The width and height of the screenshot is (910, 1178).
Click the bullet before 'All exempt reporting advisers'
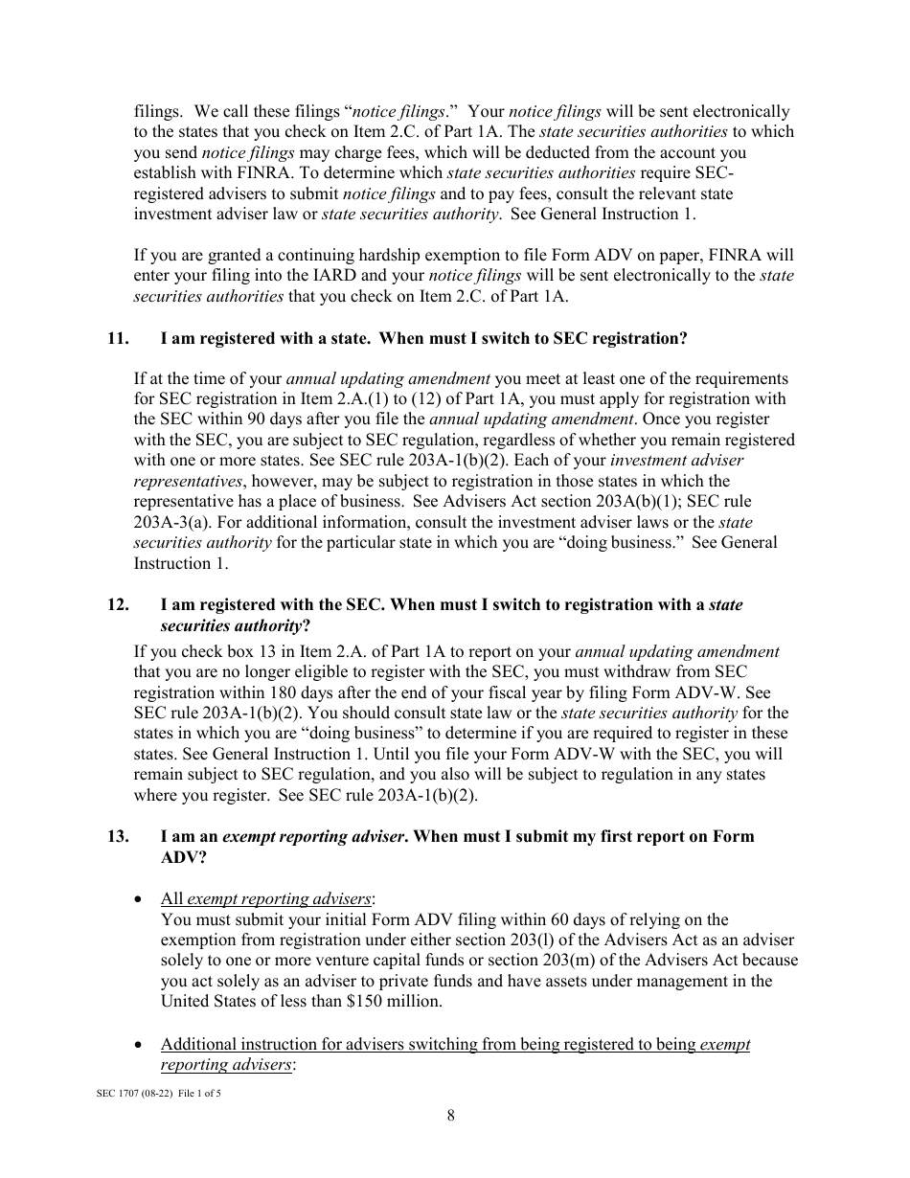coord(141,899)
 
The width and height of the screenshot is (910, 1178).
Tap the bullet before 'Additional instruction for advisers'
coord(141,1045)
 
